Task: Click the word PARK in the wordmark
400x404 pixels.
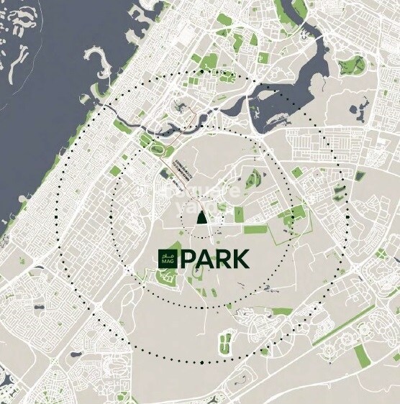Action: click(214, 258)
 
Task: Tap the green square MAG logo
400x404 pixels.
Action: click(167, 258)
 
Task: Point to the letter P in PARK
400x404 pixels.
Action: click(188, 258)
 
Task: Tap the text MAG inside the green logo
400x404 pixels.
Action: click(167, 262)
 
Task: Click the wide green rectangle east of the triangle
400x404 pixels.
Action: click(255, 230)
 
